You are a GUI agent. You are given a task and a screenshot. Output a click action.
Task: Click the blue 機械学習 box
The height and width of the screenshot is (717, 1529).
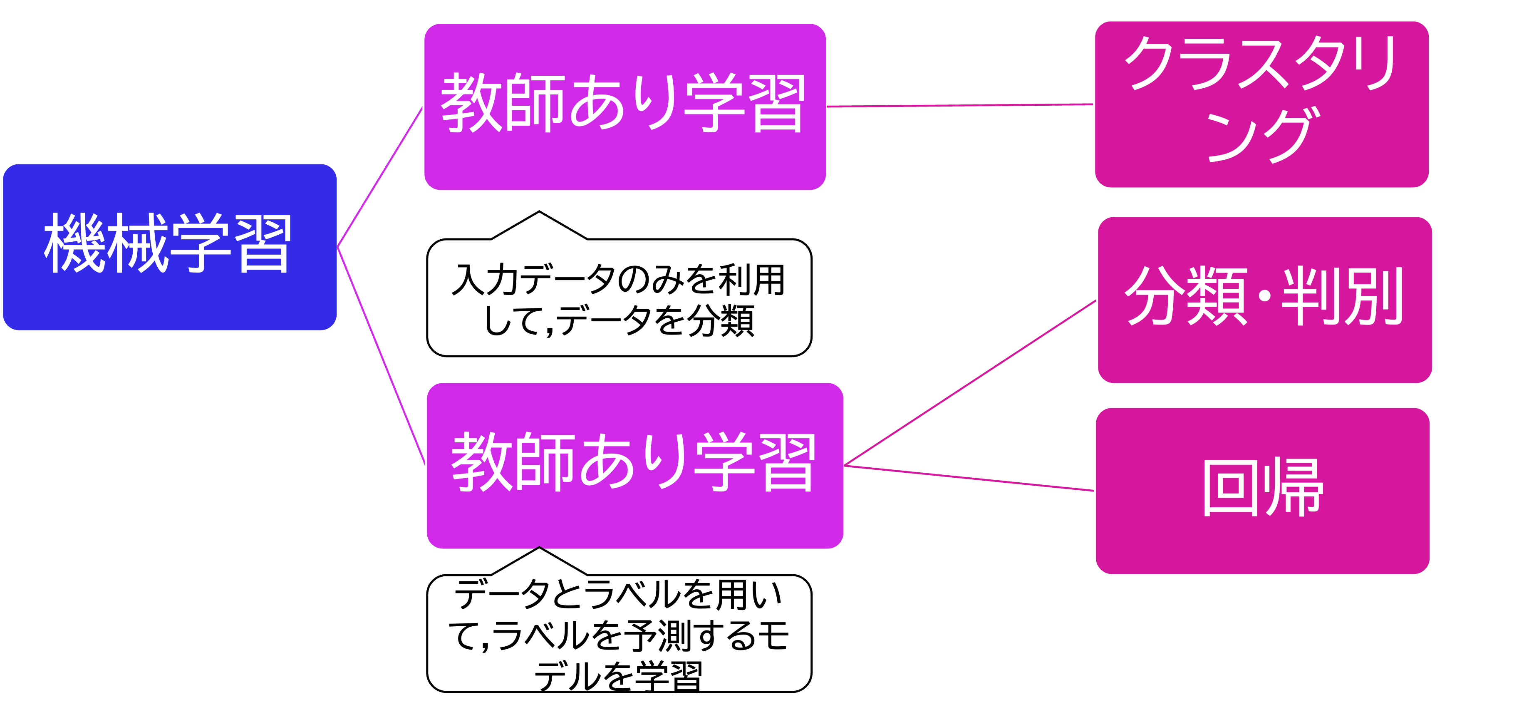point(170,246)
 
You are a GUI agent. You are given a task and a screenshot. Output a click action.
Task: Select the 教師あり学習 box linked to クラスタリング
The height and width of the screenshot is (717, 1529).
point(624,107)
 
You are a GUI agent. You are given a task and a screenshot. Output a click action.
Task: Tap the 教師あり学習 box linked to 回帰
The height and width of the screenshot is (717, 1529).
point(634,465)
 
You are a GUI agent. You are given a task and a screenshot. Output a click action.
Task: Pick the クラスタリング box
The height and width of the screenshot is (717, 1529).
point(1261,104)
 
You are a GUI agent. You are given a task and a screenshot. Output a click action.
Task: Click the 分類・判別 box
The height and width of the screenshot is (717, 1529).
point(1264,300)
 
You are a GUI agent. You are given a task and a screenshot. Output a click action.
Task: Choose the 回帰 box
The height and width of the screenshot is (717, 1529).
point(1262,490)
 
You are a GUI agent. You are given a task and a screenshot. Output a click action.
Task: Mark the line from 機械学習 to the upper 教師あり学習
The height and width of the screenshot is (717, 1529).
point(380,177)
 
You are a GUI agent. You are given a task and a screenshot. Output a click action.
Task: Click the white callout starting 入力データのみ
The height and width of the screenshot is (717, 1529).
point(619,298)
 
